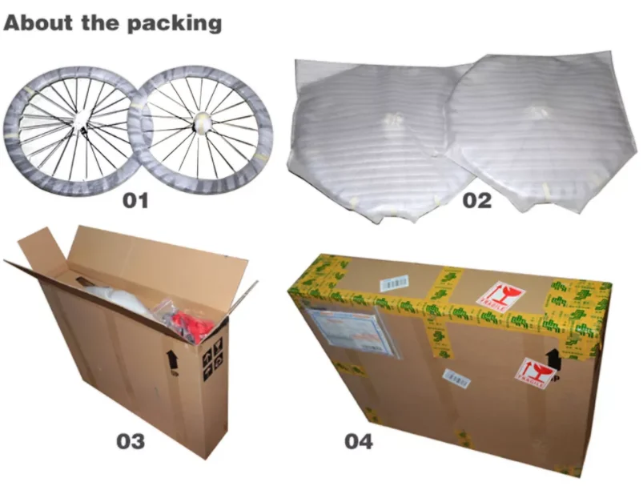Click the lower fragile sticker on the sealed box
[537, 373]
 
